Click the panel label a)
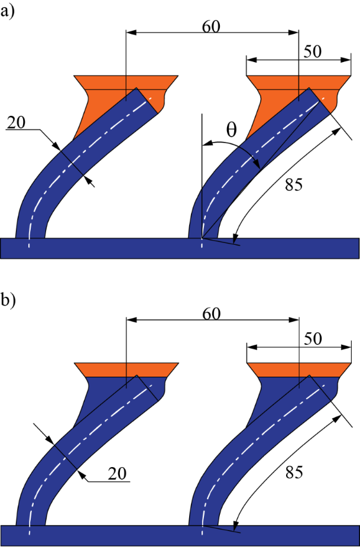[x=7, y=12]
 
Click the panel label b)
[x=8, y=300]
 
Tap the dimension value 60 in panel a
[x=212, y=27]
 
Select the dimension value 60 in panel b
[x=212, y=314]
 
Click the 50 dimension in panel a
[x=312, y=52]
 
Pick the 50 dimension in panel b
[x=312, y=339]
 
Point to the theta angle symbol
[x=231, y=130]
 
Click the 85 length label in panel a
[x=294, y=185]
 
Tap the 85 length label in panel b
[x=294, y=472]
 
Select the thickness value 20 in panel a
[x=17, y=123]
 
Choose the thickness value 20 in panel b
[x=117, y=474]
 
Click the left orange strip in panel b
[x=127, y=370]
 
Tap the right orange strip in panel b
[x=299, y=370]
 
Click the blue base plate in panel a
[x=180, y=248]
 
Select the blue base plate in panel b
[x=180, y=536]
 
